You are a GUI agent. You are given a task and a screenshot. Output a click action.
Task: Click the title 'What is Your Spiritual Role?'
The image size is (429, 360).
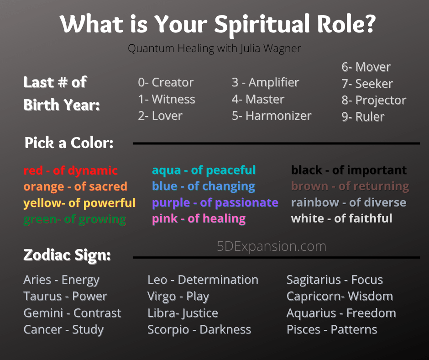coord(218,24)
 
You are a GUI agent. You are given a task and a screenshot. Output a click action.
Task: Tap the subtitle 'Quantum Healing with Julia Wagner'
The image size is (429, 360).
coord(214,48)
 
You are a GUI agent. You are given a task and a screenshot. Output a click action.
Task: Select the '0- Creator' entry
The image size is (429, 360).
coord(166,82)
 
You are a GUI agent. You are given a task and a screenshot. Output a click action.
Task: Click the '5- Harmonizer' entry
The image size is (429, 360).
coord(272,116)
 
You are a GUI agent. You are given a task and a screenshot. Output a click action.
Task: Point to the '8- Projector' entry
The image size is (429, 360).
coord(374,101)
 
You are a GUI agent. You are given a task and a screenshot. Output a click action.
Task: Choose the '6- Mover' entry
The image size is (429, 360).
coord(366,67)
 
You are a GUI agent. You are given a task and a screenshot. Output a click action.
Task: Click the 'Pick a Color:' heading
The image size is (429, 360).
coord(69,143)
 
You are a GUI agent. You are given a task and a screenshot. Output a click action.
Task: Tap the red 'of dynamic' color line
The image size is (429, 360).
coord(71,170)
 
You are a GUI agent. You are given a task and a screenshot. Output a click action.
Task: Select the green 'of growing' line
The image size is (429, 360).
coord(75,219)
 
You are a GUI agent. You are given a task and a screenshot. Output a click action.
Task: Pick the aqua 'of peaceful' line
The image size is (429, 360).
coord(204,170)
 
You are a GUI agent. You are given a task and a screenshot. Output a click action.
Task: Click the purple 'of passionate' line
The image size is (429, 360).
coord(215,203)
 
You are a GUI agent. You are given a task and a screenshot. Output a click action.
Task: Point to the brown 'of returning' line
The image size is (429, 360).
coord(350,186)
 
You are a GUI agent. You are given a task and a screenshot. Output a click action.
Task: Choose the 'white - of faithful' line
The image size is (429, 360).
coord(342,219)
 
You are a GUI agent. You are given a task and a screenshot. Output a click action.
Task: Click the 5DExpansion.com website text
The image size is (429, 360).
coord(272,246)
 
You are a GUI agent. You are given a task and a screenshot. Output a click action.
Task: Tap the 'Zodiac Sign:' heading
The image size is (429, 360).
coord(67,255)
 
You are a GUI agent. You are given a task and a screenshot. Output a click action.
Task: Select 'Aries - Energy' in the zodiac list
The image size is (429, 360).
coord(62,280)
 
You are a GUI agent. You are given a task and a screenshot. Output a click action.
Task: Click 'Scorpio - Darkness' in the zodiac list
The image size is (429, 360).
coord(199,329)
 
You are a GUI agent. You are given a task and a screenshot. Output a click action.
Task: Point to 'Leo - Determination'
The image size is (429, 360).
coord(203,280)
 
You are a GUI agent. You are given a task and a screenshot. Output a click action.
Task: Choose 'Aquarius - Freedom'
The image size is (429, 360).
coord(341,313)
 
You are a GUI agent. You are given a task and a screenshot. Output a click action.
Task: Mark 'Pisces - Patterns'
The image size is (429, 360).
coord(332,329)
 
